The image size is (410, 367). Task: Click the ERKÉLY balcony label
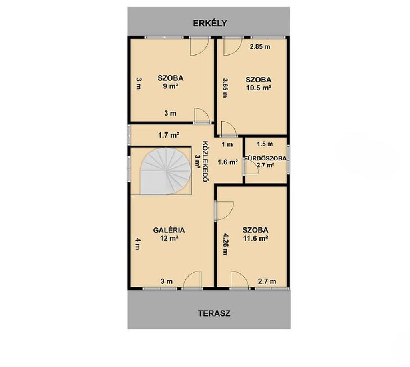click(x=210, y=23)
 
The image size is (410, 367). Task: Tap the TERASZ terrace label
click(x=214, y=313)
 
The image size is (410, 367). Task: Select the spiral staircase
click(x=165, y=171)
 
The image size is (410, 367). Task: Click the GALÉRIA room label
click(x=169, y=230)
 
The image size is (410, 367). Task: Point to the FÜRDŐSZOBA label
click(x=265, y=158)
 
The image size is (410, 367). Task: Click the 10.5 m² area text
click(x=258, y=88)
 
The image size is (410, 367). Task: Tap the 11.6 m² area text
click(x=255, y=238)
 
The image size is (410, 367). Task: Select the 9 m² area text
click(x=171, y=86)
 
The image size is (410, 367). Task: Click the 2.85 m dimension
click(x=260, y=47)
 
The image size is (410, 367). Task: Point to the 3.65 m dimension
click(x=225, y=88)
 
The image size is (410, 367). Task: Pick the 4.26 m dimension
click(x=225, y=244)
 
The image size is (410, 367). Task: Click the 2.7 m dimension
click(x=267, y=281)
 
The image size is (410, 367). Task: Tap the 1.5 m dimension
click(x=265, y=144)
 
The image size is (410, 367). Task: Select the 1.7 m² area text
click(x=169, y=135)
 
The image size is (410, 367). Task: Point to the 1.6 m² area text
click(x=228, y=162)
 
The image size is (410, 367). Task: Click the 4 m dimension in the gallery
click(x=138, y=243)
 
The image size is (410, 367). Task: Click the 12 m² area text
click(x=169, y=238)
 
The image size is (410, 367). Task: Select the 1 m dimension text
click(x=227, y=144)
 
